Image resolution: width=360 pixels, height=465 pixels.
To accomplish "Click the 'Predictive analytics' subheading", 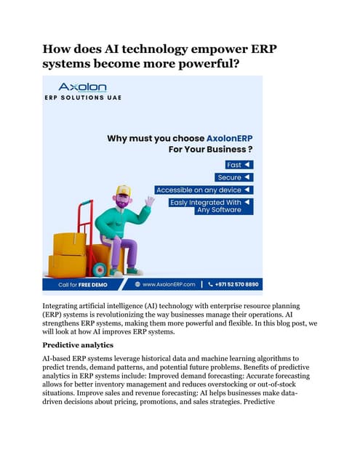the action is tap(79, 344).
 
